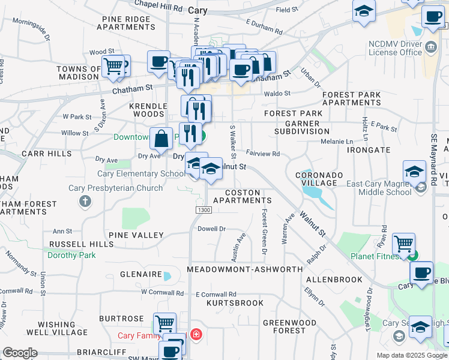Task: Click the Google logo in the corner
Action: pos(20,353)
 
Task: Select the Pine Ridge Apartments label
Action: pos(126,23)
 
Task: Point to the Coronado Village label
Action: pos(319,179)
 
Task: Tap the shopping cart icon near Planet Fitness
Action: pos(404,244)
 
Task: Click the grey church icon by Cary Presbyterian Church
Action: pos(86,200)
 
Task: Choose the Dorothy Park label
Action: pos(72,255)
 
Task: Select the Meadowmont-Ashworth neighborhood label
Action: pos(245,270)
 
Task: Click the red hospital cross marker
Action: pos(196,334)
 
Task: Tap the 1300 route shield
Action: pos(203,209)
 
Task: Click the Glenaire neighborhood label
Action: pos(140,274)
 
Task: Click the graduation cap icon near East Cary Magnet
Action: pos(414,172)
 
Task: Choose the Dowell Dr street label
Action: pos(211,229)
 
